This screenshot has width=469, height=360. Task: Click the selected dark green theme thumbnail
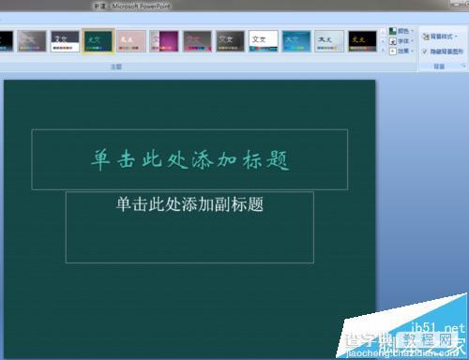click(x=97, y=41)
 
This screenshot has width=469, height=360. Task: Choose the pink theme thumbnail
click(x=129, y=41)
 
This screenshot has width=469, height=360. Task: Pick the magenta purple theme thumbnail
click(x=163, y=41)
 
